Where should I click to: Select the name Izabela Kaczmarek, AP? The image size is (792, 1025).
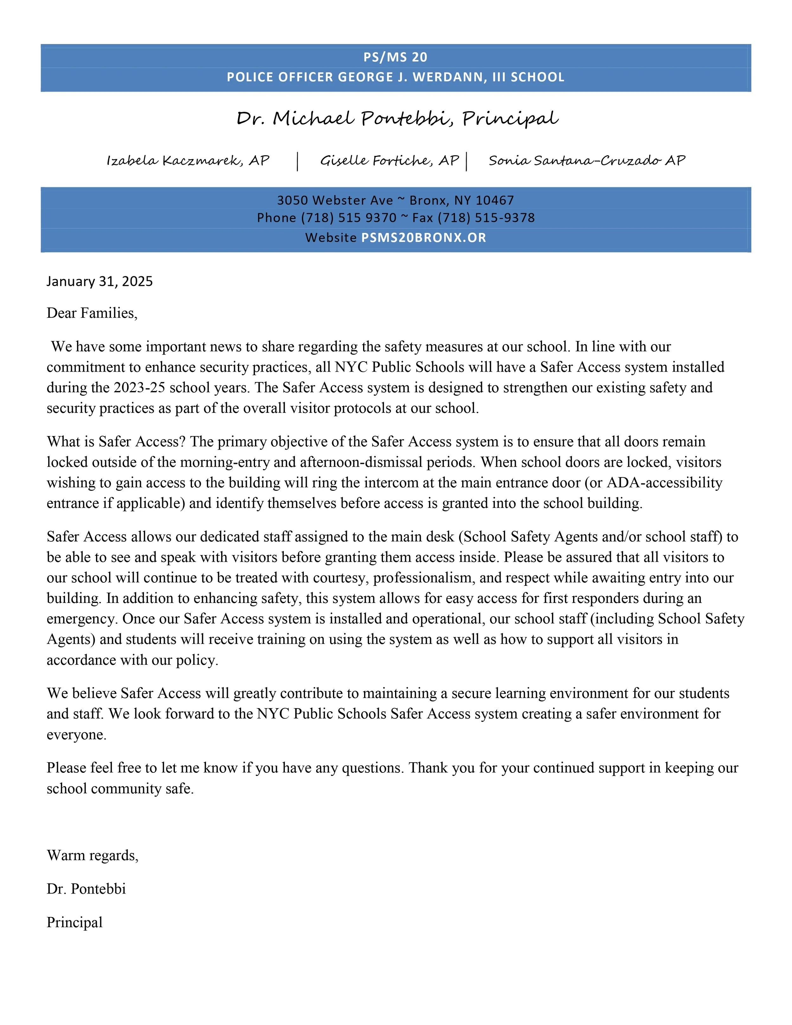coord(188,161)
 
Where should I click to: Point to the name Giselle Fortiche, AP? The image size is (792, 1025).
coord(389,161)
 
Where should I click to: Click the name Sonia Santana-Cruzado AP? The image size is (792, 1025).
coord(586,161)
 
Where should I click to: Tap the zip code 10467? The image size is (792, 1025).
coord(495,200)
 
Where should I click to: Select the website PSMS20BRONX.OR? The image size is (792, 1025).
coord(423,238)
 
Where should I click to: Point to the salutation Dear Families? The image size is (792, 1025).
coord(92,313)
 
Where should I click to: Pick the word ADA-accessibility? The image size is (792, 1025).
coord(664,483)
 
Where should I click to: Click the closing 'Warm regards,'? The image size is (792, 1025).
coord(93,855)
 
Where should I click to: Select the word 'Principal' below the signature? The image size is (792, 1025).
coord(74,922)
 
